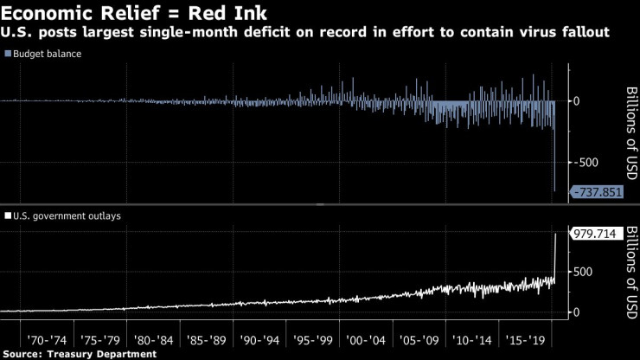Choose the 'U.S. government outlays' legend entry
click(64, 215)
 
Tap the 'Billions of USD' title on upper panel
click(630, 132)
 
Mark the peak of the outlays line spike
click(554, 233)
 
